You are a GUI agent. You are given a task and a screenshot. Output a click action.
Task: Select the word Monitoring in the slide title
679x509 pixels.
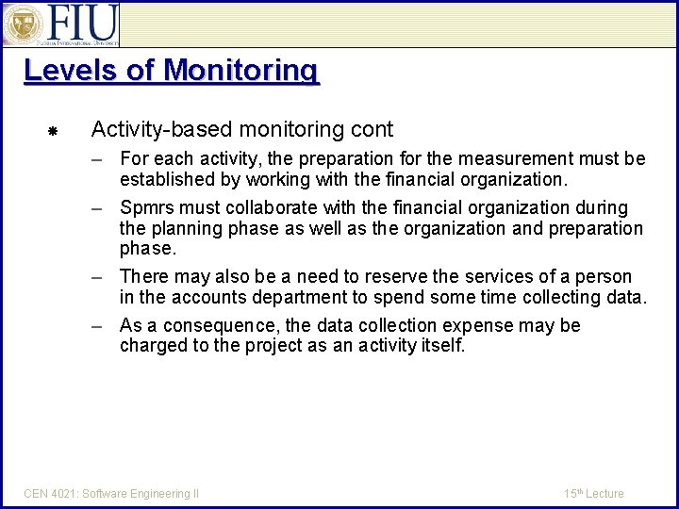click(240, 71)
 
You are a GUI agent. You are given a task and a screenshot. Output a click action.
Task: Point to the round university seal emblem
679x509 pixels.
click(20, 25)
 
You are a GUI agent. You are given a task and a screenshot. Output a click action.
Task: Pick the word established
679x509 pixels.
click(167, 179)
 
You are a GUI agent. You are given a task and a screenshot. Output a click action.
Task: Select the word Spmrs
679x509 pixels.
click(148, 207)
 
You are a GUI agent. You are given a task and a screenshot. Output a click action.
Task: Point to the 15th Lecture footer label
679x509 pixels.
click(593, 493)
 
